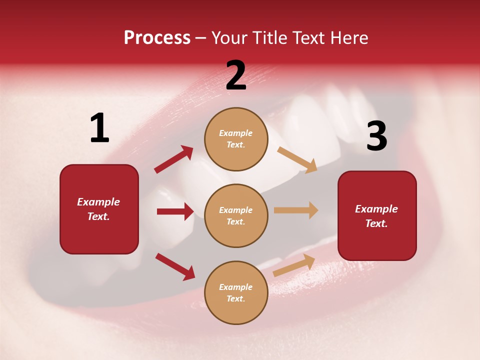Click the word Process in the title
[x=157, y=38]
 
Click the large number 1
[x=99, y=128]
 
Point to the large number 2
[x=236, y=75]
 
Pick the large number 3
[x=376, y=136]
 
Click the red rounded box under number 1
[x=99, y=209]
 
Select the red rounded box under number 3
[x=377, y=215]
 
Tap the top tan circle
[x=236, y=139]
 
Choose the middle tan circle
[x=236, y=215]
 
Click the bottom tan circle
[x=236, y=292]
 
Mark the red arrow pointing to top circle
[x=173, y=159]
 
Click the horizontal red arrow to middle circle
[x=175, y=211]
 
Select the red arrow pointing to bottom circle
[x=175, y=266]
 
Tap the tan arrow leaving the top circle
[x=297, y=159]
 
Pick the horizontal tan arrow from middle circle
[x=296, y=210]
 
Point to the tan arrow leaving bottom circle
[x=294, y=265]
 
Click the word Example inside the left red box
[x=98, y=202]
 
